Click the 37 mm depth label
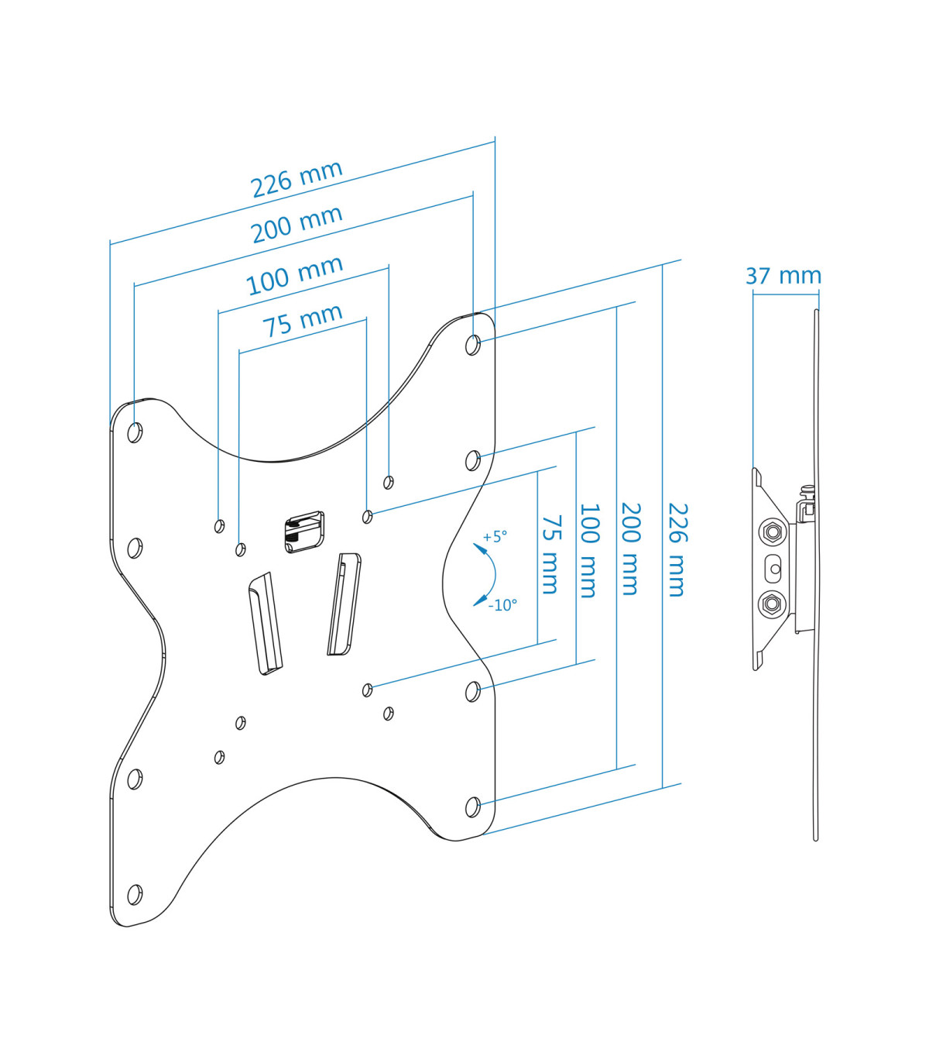pos(783,276)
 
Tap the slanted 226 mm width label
pos(297,179)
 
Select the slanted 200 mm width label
pos(297,225)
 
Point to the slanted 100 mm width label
pos(293,275)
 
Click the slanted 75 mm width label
pos(303,320)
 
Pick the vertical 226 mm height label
pos(677,549)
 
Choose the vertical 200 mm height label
pos(631,549)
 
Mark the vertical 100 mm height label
pos(589,551)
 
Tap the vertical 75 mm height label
pos(551,555)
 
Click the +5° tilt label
pos(495,537)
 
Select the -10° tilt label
pos(502,605)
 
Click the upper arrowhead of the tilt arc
pos(478,548)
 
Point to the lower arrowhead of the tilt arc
pos(478,602)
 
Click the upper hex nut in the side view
pos(773,532)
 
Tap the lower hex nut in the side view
pos(773,604)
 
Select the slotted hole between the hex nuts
pos(773,569)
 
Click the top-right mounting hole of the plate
pos(473,345)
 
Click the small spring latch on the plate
pos(305,532)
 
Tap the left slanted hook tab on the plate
pos(266,624)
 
